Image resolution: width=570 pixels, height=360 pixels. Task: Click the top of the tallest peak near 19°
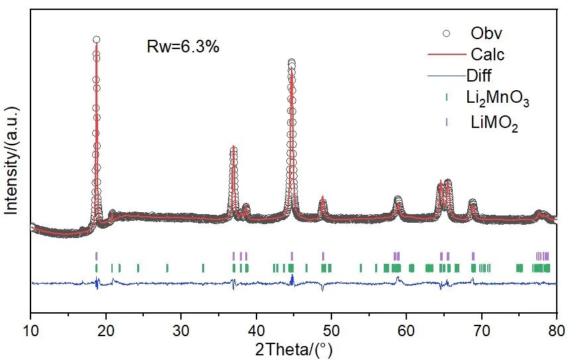coord(96,40)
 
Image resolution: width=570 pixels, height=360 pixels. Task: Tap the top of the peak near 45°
coord(292,62)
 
